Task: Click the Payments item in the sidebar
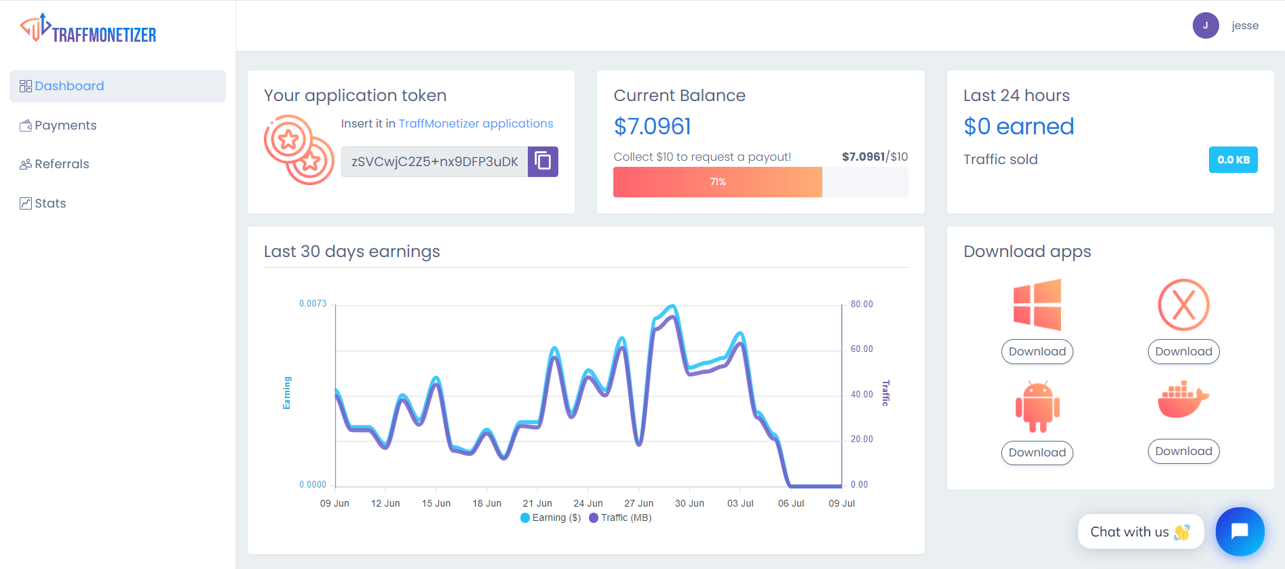pyautogui.click(x=65, y=125)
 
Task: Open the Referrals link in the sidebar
pyautogui.click(x=61, y=164)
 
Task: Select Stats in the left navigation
pyautogui.click(x=50, y=203)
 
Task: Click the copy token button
pyautogui.click(x=543, y=161)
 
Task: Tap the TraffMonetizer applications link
pyautogui.click(x=476, y=123)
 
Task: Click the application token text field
pyautogui.click(x=434, y=161)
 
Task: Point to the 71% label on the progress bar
pyautogui.click(x=718, y=182)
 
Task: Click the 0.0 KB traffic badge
pyautogui.click(x=1233, y=160)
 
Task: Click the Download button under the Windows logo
pyautogui.click(x=1037, y=351)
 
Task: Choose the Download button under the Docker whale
pyautogui.click(x=1183, y=451)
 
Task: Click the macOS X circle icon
pyautogui.click(x=1183, y=305)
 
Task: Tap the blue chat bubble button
pyautogui.click(x=1240, y=531)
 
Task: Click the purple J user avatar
pyautogui.click(x=1206, y=26)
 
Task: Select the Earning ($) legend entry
pyautogui.click(x=551, y=517)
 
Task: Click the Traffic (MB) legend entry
pyautogui.click(x=621, y=517)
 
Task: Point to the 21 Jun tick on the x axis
pyautogui.click(x=537, y=503)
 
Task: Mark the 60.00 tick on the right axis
pyautogui.click(x=862, y=349)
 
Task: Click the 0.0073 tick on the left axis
pyautogui.click(x=313, y=304)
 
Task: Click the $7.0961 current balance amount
pyautogui.click(x=652, y=126)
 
